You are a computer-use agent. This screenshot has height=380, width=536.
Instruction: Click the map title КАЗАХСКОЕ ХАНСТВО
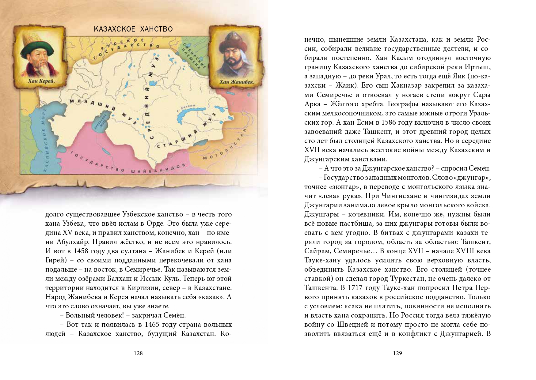133,29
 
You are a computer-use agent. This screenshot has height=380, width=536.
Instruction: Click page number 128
138,353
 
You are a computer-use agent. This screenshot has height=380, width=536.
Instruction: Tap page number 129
397,353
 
